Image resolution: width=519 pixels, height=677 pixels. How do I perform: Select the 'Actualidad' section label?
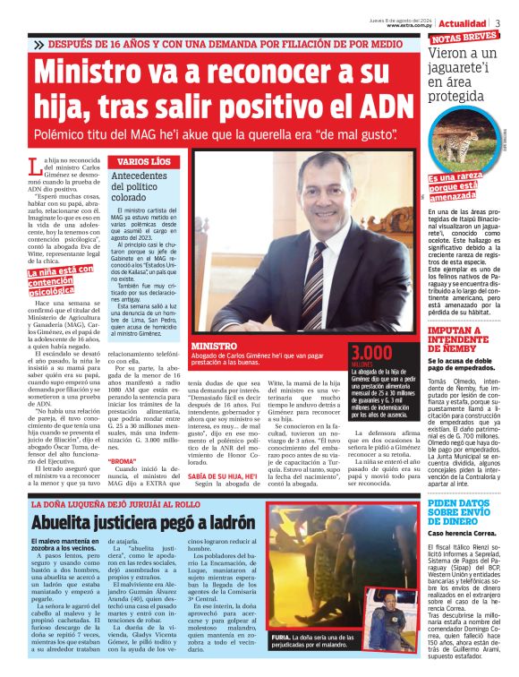coord(464,23)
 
